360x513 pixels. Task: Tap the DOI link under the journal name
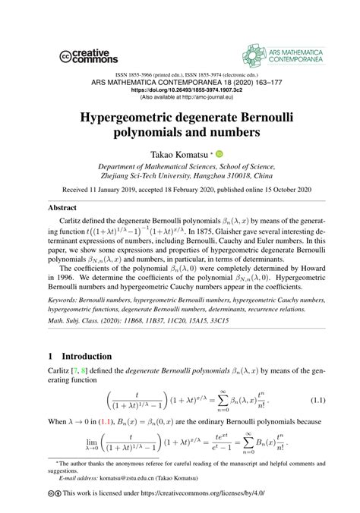[180, 89]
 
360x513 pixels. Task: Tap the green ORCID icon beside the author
[220, 153]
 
